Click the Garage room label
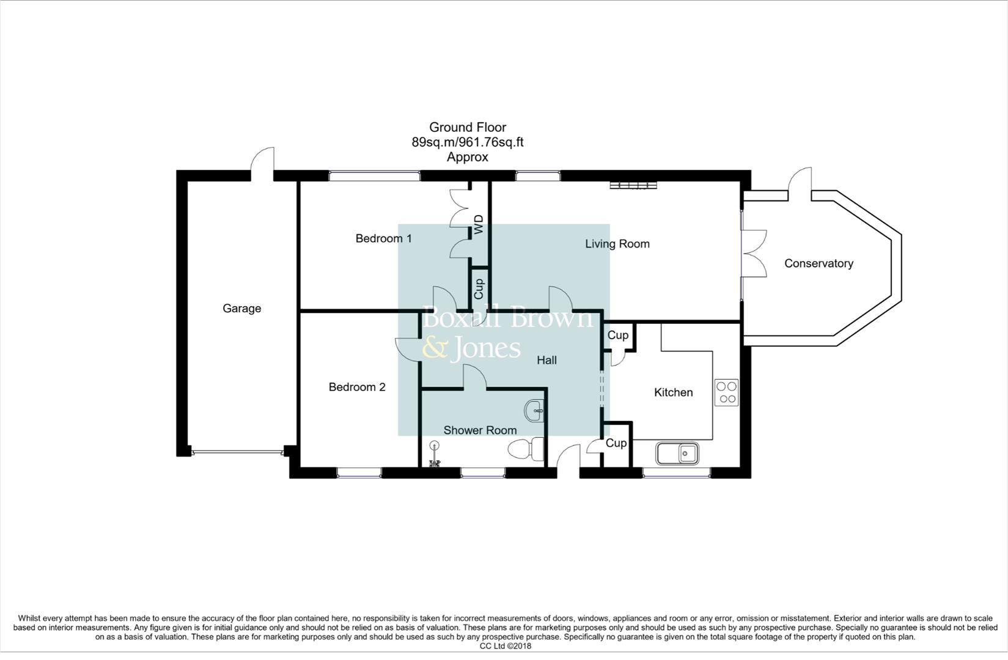point(241,309)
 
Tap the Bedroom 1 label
point(383,238)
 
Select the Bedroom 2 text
point(357,387)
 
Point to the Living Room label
point(617,244)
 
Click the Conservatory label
point(818,263)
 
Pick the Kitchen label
point(673,392)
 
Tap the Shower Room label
point(480,430)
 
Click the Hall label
point(546,361)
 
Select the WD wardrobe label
point(479,224)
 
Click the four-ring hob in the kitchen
point(726,392)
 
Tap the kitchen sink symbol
point(677,453)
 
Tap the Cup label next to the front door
point(616,443)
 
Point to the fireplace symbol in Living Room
point(633,185)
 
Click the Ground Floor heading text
point(467,127)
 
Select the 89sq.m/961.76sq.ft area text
point(467,142)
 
